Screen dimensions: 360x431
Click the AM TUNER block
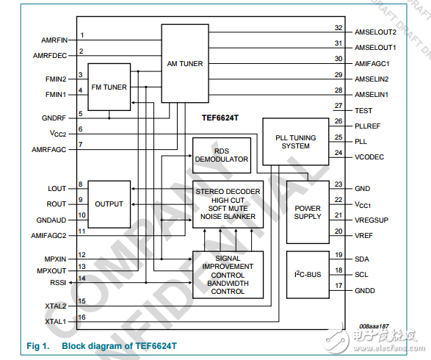pos(184,63)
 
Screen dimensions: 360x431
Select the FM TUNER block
pos(109,87)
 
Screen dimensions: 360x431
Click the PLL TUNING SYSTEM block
pos(292,141)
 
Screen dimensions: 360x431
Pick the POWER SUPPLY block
pos(307,212)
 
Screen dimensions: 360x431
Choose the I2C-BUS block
pos(307,273)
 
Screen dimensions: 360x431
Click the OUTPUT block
pos(109,204)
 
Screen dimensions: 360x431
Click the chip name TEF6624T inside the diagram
pos(221,118)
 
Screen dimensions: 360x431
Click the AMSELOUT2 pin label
pos(374,32)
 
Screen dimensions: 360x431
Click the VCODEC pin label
pos(370,157)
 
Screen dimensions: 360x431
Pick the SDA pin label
pos(362,259)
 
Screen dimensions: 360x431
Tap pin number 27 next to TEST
pos(338,107)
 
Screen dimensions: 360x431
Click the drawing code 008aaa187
pos(374,326)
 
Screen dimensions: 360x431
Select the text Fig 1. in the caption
pos(37,345)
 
